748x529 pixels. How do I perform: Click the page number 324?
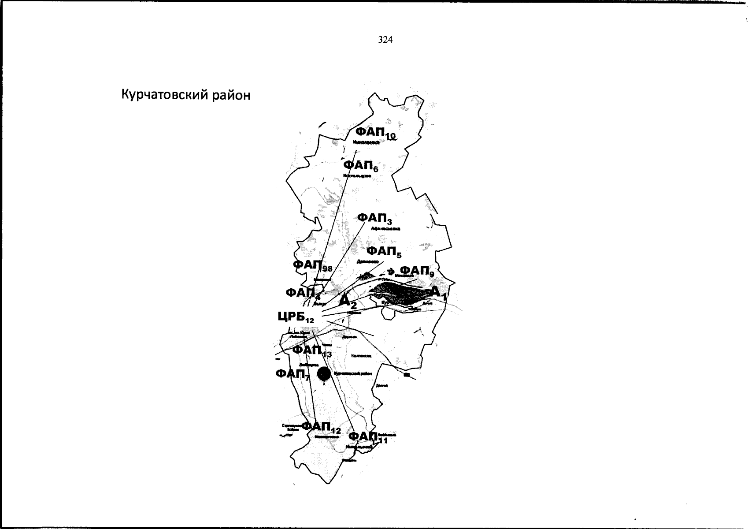(385, 40)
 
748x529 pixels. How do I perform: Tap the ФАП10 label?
(375, 133)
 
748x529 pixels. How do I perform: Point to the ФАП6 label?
(360, 166)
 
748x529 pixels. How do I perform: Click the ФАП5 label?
(384, 252)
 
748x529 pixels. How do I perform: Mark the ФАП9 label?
(416, 271)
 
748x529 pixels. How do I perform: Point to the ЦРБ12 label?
(296, 317)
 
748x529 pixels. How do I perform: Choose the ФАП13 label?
(311, 350)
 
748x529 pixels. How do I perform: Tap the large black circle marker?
(324, 374)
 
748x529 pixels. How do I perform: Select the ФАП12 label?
(321, 427)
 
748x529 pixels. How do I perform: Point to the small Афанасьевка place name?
(385, 229)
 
